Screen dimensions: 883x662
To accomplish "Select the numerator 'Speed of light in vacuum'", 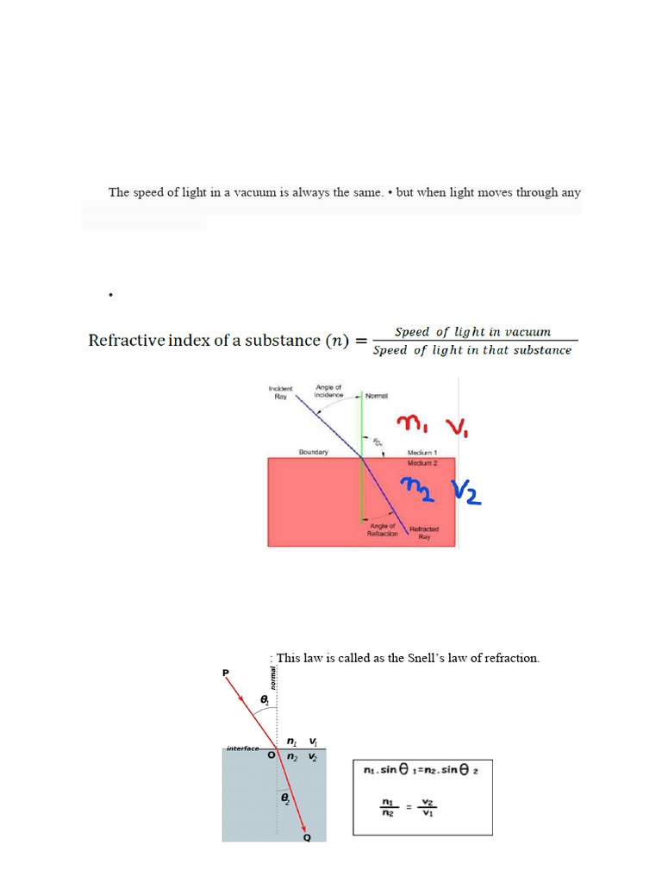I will pyautogui.click(x=472, y=332).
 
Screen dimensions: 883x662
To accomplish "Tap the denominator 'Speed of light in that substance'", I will pyautogui.click(x=472, y=350).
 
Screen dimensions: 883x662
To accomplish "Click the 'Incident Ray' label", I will pyautogui.click(x=281, y=392).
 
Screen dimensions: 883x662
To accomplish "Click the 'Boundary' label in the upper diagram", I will pyautogui.click(x=314, y=452).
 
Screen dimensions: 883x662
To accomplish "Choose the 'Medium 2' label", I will pyautogui.click(x=422, y=463).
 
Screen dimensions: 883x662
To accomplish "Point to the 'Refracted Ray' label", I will pyautogui.click(x=424, y=532).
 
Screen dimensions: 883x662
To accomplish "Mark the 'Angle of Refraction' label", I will pyautogui.click(x=383, y=529).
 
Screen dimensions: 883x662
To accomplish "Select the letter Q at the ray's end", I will pyautogui.click(x=307, y=837).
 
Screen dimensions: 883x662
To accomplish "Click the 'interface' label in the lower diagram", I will pyautogui.click(x=242, y=748).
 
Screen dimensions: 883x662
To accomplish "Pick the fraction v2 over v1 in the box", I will pyautogui.click(x=428, y=806).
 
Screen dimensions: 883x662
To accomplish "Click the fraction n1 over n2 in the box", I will pyautogui.click(x=387, y=806).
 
